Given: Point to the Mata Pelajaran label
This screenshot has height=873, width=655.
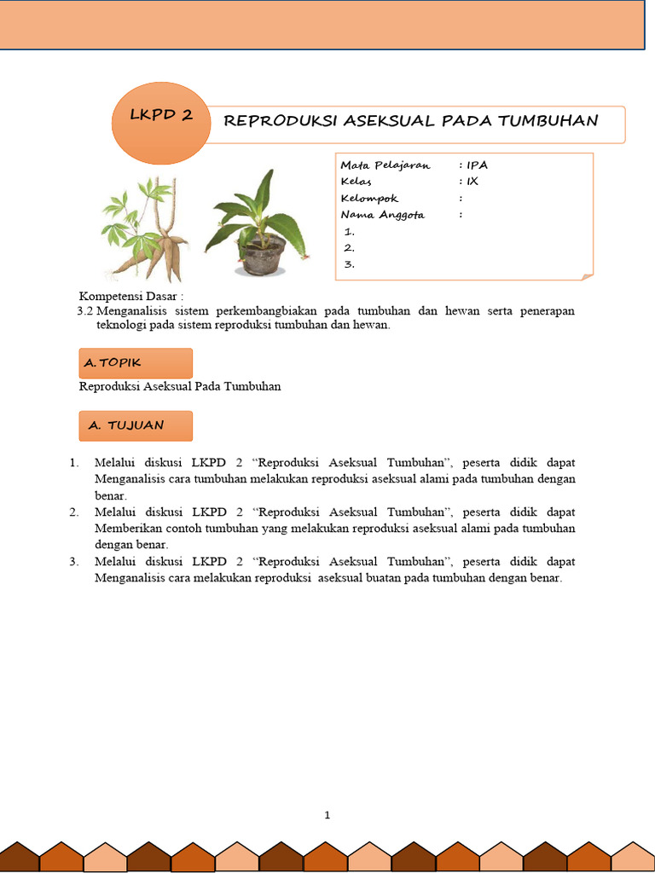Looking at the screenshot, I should pos(385,165).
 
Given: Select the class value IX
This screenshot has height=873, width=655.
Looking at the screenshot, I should pos(472,182).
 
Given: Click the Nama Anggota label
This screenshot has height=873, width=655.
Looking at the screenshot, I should pos(382,215).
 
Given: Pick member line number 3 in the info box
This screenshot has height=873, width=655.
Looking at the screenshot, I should pos(349,264).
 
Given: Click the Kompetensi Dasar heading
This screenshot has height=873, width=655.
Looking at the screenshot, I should pos(131,296).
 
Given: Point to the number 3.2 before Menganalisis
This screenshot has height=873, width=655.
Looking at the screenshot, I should pos(85,311).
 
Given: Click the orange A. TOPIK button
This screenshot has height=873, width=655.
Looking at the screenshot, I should pos(136,363).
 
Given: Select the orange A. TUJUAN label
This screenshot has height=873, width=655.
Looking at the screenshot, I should pos(136,425).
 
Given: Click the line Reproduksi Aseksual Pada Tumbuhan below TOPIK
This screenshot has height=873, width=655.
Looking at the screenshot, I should pos(180,386).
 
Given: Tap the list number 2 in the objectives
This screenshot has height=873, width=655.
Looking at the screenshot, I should pos(75,512).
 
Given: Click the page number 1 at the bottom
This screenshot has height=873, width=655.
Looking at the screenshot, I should pos(327,815).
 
